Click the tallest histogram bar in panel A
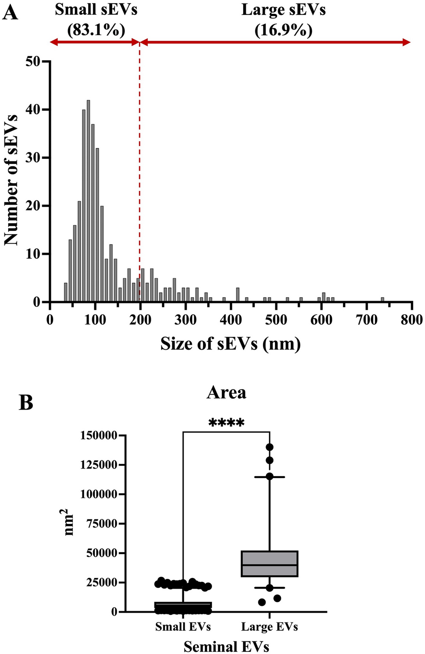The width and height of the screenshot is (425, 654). point(88,201)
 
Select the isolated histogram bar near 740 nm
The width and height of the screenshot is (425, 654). point(382,299)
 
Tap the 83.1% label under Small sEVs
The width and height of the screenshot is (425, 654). point(96,30)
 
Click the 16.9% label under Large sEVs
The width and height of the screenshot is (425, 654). point(283,30)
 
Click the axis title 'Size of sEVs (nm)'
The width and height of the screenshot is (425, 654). point(231,344)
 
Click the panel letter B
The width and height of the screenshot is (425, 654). point(26,402)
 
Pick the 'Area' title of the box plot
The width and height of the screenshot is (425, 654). point(226,392)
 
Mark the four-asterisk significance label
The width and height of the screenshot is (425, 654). point(226,423)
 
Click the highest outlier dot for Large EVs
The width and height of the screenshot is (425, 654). point(270,447)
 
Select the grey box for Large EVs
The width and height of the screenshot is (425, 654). point(270,564)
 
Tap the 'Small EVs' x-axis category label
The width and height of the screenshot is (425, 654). point(183,626)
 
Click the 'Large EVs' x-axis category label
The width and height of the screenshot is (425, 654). point(269,626)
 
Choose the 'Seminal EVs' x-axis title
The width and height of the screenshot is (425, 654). point(226,646)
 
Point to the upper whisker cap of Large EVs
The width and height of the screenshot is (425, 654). point(270,477)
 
